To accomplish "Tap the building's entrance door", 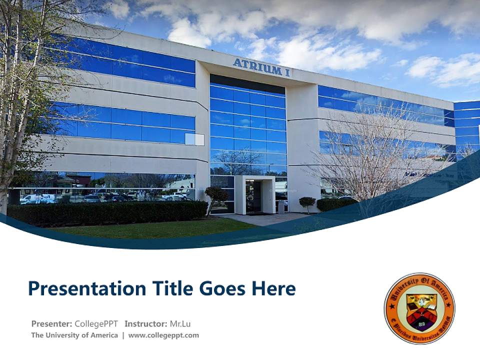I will tap(253, 196).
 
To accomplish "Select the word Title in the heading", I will tap(171, 289).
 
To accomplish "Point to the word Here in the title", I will tap(273, 289).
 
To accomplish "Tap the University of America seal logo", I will tap(419, 308).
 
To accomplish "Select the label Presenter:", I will tap(51, 323).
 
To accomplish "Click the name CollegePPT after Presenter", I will tap(96, 323).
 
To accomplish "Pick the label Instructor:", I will tap(146, 323).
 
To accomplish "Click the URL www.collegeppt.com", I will tap(163, 335).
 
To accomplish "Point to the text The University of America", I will tap(74, 335).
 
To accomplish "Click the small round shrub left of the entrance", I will tap(216, 194).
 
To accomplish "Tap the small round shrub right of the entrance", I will tap(307, 202).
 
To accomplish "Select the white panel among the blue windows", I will tap(194, 139).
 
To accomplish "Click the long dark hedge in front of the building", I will tap(107, 212).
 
